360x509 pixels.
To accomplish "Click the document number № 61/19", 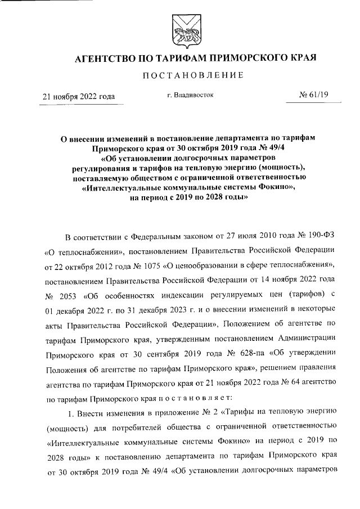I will tap(313, 96).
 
